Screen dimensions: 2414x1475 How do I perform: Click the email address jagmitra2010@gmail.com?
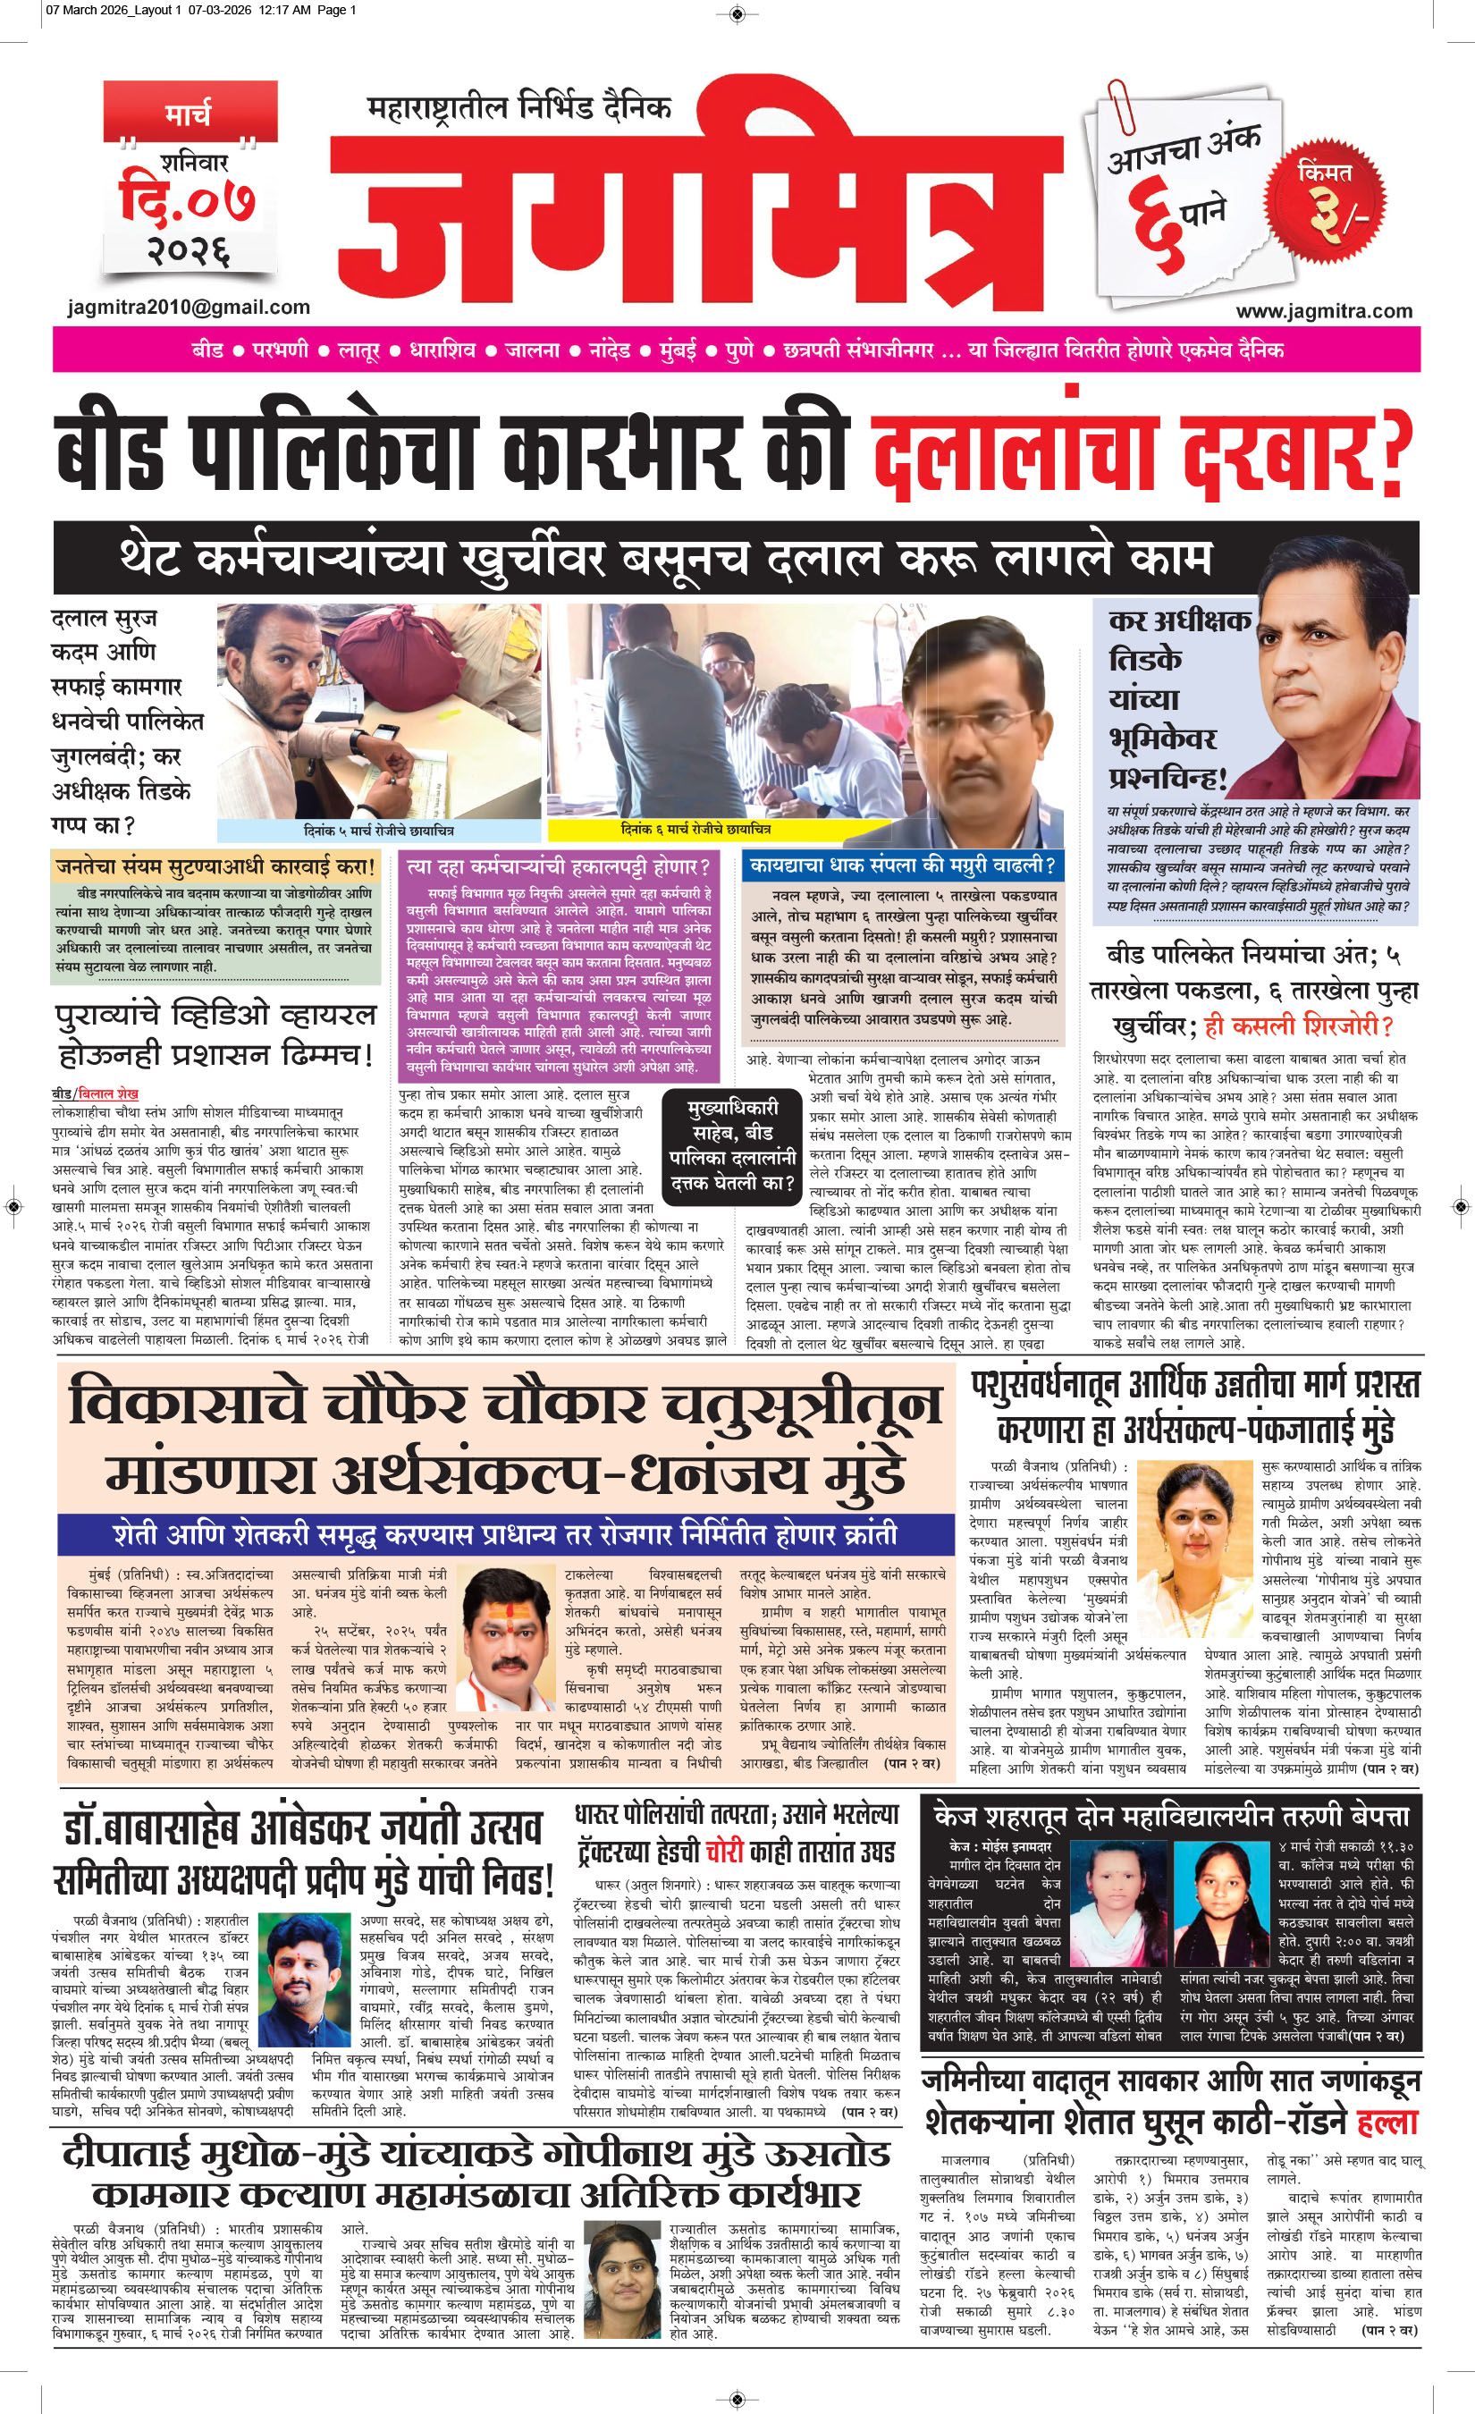tap(189, 307)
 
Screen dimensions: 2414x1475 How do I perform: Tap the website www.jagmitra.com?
tap(1323, 310)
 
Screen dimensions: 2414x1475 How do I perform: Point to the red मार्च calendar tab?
tap(186, 114)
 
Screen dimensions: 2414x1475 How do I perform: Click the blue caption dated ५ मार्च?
tap(379, 830)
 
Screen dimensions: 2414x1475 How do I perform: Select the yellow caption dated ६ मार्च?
tap(696, 830)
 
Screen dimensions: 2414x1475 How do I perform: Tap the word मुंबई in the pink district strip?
tap(675, 350)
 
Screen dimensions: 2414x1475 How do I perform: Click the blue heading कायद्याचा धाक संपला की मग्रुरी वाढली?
tap(902, 866)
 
